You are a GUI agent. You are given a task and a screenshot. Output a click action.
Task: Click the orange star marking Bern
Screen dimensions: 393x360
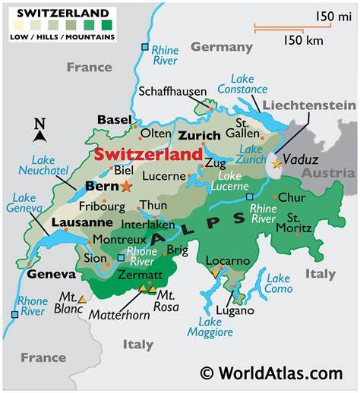(x=125, y=186)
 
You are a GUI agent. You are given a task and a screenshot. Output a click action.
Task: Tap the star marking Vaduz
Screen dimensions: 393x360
(x=276, y=162)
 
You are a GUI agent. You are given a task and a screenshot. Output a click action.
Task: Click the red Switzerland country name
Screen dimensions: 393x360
(x=148, y=154)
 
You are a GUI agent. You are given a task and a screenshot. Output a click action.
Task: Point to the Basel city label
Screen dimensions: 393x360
(x=115, y=120)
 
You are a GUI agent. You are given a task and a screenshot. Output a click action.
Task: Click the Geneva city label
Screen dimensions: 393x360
(x=52, y=274)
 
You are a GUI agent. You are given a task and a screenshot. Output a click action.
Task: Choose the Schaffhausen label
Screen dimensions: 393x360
(x=172, y=92)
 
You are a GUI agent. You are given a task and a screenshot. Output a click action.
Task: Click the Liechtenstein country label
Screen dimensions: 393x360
(x=308, y=105)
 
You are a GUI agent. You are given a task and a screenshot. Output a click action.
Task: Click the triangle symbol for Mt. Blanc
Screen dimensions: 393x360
(x=82, y=300)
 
